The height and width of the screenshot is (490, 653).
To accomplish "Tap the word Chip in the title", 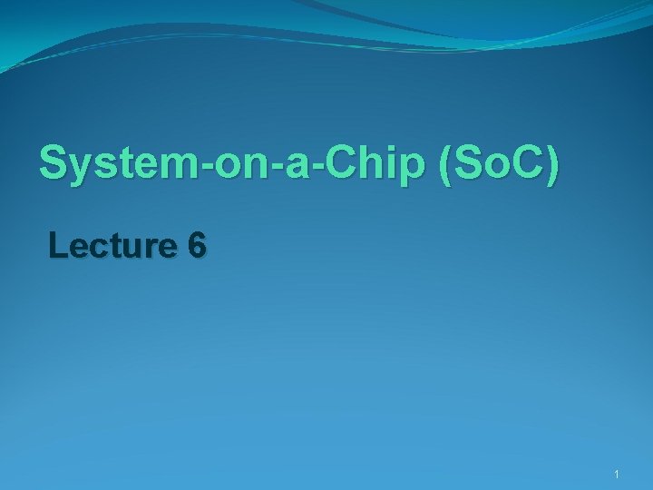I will pyautogui.click(x=379, y=164).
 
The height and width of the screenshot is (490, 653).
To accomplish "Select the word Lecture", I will pyautogui.click(x=114, y=245).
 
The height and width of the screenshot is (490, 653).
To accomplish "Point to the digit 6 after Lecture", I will pyautogui.click(x=198, y=245).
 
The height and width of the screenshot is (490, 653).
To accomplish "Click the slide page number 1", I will pyautogui.click(x=616, y=475).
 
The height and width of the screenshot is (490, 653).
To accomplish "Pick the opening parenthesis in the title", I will pyautogui.click(x=444, y=166).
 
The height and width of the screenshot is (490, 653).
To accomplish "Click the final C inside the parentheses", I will pyautogui.click(x=525, y=164).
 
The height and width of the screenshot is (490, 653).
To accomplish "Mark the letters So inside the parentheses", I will pyautogui.click(x=473, y=164).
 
